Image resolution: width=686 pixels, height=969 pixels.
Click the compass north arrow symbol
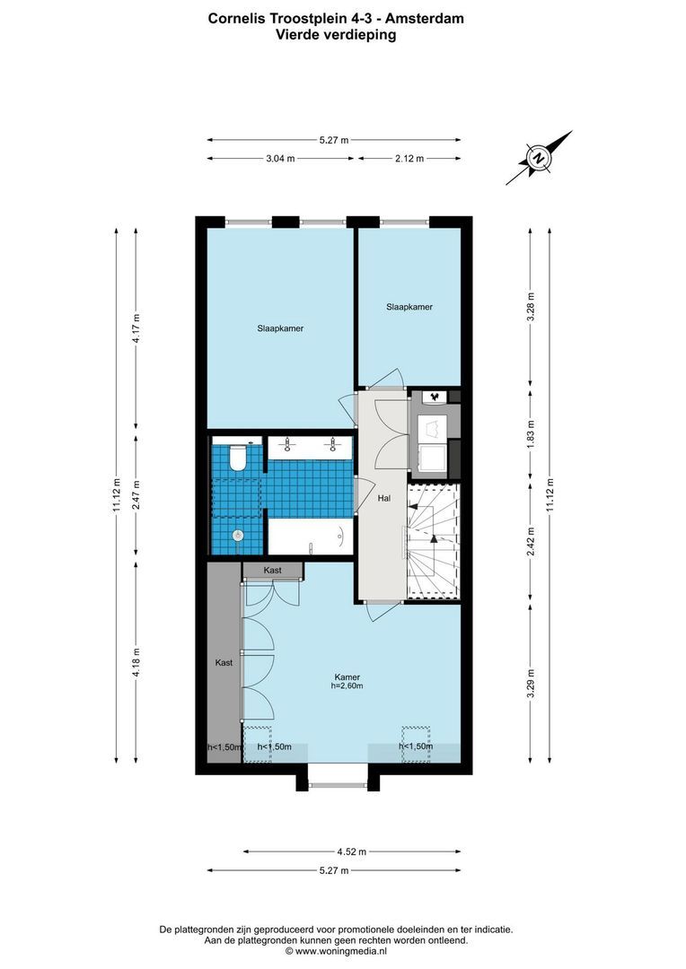[x=539, y=159]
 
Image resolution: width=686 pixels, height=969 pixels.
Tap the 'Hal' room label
[x=384, y=498]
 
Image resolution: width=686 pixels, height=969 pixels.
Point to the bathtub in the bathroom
[x=311, y=538]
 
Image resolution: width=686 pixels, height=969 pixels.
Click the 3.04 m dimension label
[x=280, y=158]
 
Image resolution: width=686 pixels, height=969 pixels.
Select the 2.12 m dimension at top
[x=409, y=158]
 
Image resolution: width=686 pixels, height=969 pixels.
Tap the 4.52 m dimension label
[x=351, y=851]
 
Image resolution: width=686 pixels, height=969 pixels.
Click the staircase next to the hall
[x=433, y=540]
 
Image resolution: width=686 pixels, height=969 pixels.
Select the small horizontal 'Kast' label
[x=273, y=571]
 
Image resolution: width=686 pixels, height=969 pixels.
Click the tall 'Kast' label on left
[x=224, y=662]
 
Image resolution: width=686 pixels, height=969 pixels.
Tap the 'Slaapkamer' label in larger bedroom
[x=280, y=328]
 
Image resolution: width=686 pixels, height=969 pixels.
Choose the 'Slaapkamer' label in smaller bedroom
[x=409, y=307]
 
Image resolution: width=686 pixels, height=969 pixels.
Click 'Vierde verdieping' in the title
[x=335, y=36]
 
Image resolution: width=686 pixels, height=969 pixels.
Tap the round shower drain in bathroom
[x=238, y=536]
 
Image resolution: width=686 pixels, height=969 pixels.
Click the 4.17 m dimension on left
[x=136, y=328]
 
